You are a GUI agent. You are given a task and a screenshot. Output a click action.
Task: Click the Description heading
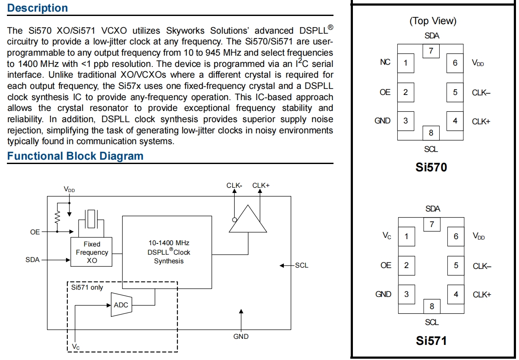(x=38, y=8)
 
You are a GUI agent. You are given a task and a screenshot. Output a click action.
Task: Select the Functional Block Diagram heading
(x=75, y=156)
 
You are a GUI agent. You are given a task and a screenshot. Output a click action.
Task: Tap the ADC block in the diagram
(x=121, y=305)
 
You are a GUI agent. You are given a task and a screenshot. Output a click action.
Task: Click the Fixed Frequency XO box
(x=91, y=252)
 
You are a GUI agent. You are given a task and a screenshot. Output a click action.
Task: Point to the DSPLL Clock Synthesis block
(x=167, y=252)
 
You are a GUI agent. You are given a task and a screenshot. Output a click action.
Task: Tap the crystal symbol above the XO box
(x=91, y=218)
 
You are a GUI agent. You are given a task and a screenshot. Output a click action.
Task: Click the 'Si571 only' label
(x=88, y=287)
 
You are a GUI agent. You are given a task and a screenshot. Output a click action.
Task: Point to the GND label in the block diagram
(x=241, y=336)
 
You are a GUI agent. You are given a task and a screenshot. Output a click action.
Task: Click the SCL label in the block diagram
(x=302, y=265)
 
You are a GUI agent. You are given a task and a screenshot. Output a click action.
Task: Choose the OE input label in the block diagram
(x=35, y=232)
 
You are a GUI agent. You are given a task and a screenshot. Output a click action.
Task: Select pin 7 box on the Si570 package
(x=431, y=51)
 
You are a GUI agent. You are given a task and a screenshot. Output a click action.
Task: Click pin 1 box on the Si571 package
(x=406, y=237)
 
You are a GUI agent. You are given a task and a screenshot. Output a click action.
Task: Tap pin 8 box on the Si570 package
(x=431, y=133)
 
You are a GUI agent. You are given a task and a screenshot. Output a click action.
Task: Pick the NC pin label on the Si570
(x=385, y=62)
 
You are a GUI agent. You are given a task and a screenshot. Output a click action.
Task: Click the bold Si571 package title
(x=431, y=341)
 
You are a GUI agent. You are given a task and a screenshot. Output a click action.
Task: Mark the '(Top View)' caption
(x=432, y=21)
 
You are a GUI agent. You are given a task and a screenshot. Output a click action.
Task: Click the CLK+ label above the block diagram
(x=261, y=186)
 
